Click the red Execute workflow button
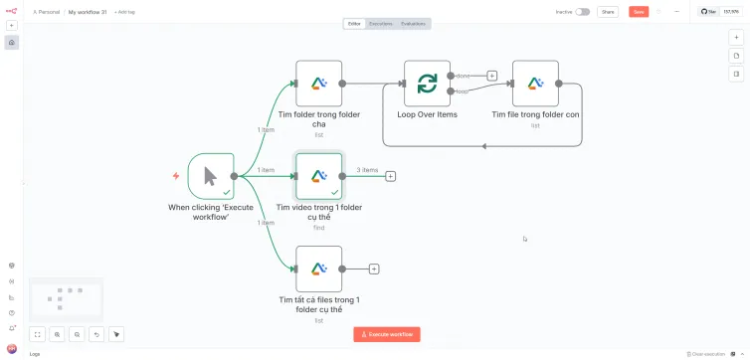[387, 334]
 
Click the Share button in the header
[608, 12]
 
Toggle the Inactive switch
[582, 12]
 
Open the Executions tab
[380, 23]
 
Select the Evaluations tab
[413, 23]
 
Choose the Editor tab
[354, 23]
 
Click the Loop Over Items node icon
[427, 84]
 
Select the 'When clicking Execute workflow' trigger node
[211, 176]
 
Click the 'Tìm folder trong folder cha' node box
[318, 84]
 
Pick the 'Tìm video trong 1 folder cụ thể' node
[318, 176]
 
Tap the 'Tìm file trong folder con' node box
[535, 84]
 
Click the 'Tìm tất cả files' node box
[318, 269]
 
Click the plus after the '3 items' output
[390, 176]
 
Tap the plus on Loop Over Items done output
[491, 76]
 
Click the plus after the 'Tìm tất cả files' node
[374, 269]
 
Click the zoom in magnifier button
[57, 335]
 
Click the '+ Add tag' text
[125, 12]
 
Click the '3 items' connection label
[368, 170]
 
